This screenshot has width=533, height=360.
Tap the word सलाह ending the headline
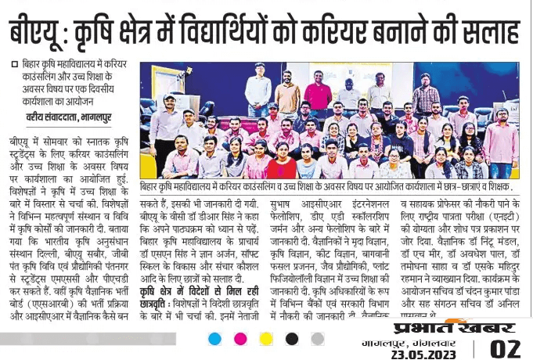(x=490, y=32)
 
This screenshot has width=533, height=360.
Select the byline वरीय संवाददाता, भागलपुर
(x=55, y=118)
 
